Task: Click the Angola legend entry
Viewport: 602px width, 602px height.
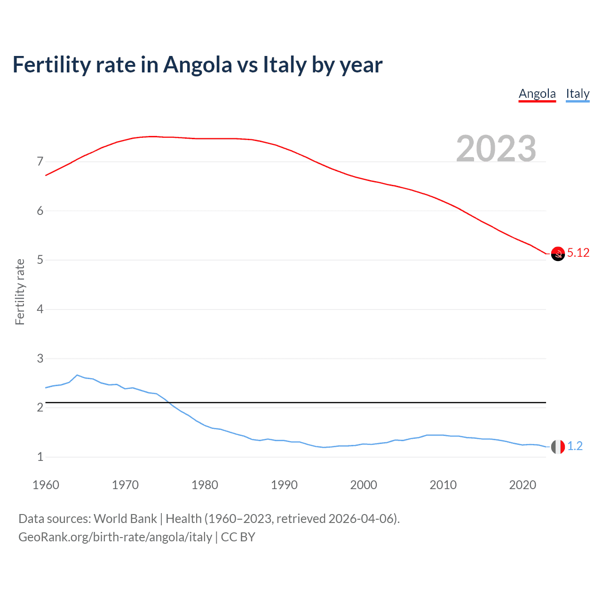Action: [x=537, y=94]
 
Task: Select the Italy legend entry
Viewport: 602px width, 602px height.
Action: [x=578, y=94]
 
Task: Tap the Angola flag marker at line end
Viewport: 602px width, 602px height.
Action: [x=558, y=253]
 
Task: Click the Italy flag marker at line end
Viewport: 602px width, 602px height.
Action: [x=558, y=447]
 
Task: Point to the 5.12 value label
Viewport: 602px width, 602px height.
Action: [x=578, y=253]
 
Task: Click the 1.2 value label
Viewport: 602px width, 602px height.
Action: [x=575, y=446]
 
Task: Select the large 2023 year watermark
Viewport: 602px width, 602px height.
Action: [x=496, y=149]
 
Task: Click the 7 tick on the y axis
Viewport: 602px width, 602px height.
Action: [x=40, y=162]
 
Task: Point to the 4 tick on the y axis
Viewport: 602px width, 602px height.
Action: [x=40, y=309]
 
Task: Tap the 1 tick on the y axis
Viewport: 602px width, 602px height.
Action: [x=40, y=457]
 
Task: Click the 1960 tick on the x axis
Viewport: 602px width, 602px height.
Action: [x=46, y=485]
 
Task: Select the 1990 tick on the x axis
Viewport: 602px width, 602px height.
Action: [x=284, y=485]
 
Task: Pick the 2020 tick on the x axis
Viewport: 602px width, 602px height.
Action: [x=523, y=485]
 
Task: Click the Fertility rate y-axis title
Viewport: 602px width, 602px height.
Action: [x=20, y=292]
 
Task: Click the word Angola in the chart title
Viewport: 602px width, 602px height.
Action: [x=198, y=65]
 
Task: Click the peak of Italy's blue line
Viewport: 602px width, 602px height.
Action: [x=77, y=375]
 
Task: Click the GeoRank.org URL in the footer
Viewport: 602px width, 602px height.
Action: [x=115, y=537]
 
